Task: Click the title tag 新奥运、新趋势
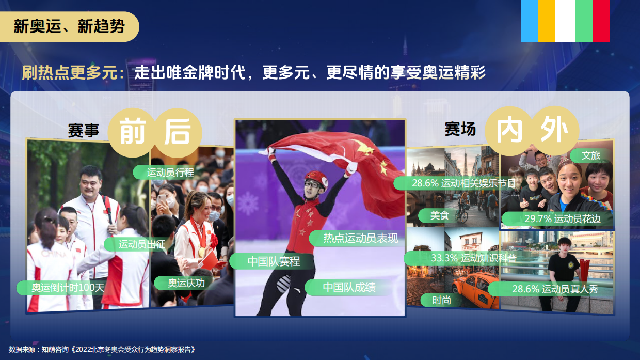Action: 69,26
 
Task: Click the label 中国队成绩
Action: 348,287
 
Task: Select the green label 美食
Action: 439,215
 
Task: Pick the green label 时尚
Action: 441,300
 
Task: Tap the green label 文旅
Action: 590,155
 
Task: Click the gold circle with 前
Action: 132,133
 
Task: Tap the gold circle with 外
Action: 554,131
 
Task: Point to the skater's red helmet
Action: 316,178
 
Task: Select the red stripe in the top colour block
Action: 601,21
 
